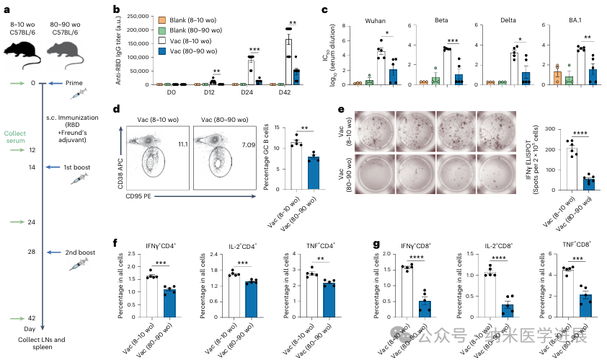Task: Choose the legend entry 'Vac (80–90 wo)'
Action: coord(197,50)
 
